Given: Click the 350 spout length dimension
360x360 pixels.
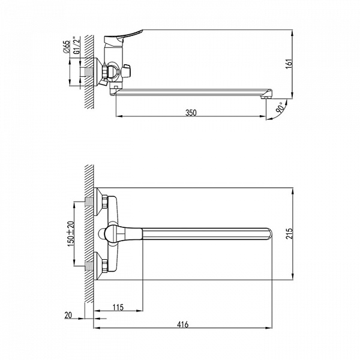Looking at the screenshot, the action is (x=191, y=113).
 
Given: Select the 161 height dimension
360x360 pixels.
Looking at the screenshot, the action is (x=290, y=64).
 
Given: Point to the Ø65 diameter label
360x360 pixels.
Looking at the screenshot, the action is (x=67, y=47).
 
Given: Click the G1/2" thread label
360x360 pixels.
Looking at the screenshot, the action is (x=77, y=46).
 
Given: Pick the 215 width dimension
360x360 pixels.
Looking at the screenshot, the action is (x=290, y=233).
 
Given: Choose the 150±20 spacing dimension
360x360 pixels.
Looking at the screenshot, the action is (x=71, y=234).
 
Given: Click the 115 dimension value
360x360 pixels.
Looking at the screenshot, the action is (x=118, y=307).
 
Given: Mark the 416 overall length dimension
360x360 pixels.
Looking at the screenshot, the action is (x=183, y=325).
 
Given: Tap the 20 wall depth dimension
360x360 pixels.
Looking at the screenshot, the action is (x=68, y=315).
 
